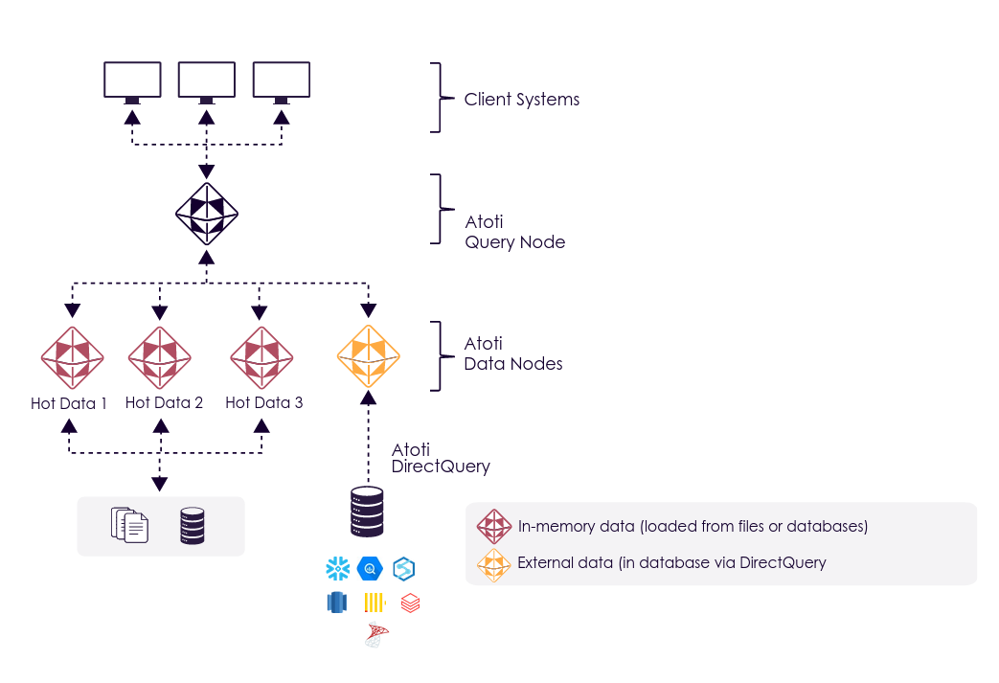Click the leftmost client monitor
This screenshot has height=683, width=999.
point(132,80)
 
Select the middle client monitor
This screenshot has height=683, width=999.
point(207,80)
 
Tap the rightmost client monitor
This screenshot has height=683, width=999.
point(282,80)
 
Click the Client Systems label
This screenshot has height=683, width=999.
point(521,100)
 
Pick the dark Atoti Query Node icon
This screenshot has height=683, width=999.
point(207,213)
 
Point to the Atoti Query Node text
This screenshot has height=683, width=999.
point(514,233)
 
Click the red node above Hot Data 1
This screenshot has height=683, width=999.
point(72,356)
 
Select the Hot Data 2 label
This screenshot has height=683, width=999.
point(164,403)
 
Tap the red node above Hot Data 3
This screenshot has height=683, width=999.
point(261,356)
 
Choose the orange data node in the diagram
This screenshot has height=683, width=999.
point(368,356)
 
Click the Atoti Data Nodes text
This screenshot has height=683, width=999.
point(512,353)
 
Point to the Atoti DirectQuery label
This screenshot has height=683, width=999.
point(441,459)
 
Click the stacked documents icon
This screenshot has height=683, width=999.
point(130,525)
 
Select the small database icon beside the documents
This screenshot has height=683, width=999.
point(193,526)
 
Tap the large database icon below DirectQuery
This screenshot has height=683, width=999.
point(368,512)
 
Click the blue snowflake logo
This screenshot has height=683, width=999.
point(337,569)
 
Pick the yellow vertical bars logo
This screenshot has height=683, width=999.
point(374,603)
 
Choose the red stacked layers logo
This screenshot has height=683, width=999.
point(410,603)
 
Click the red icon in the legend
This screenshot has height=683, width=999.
point(494,526)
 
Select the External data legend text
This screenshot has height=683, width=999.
point(671,562)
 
